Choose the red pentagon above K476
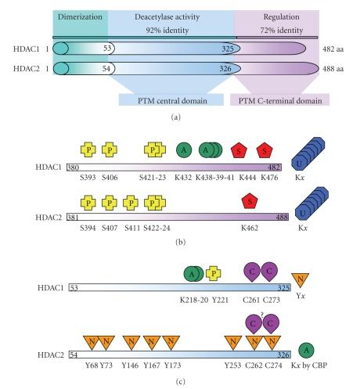coord(266,150)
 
